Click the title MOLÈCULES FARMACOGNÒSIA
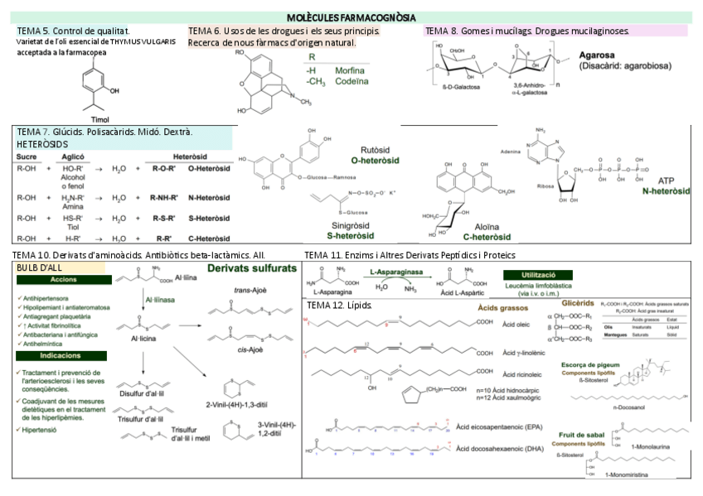pyautogui.click(x=351, y=17)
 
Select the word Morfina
pyautogui.click(x=349, y=70)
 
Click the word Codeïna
pyautogui.click(x=350, y=82)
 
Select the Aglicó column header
pyautogui.click(x=73, y=157)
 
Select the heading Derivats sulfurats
pyautogui.click(x=251, y=269)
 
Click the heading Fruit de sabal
pyautogui.click(x=584, y=434)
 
